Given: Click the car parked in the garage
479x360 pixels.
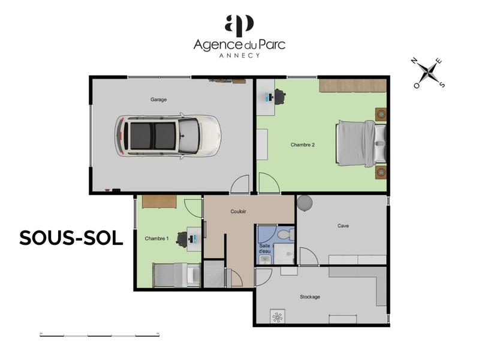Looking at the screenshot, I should click(168, 136).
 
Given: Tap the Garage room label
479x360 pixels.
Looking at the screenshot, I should click(158, 99).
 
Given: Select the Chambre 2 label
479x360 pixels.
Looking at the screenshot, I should click(303, 145).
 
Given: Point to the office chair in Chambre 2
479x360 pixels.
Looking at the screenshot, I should click(279, 95).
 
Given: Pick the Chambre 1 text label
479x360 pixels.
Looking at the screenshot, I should click(156, 238).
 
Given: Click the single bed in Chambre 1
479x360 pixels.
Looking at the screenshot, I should click(176, 275).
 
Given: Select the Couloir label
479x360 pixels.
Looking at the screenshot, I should click(239, 212).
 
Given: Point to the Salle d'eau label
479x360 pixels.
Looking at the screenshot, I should click(264, 248).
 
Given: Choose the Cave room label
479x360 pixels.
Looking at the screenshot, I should click(343, 226).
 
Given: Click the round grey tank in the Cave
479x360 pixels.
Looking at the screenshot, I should click(305, 203).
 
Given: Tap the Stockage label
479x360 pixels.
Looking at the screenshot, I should click(310, 297).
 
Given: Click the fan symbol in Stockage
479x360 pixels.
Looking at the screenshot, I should click(278, 316).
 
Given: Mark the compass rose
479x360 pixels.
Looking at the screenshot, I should click(429, 73).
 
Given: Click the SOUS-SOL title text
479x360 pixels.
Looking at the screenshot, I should click(71, 238).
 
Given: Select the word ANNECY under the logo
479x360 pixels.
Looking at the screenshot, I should click(239, 55).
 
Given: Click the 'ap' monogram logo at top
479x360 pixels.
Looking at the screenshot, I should click(239, 25).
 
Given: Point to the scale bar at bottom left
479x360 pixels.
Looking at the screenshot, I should click(100, 334).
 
